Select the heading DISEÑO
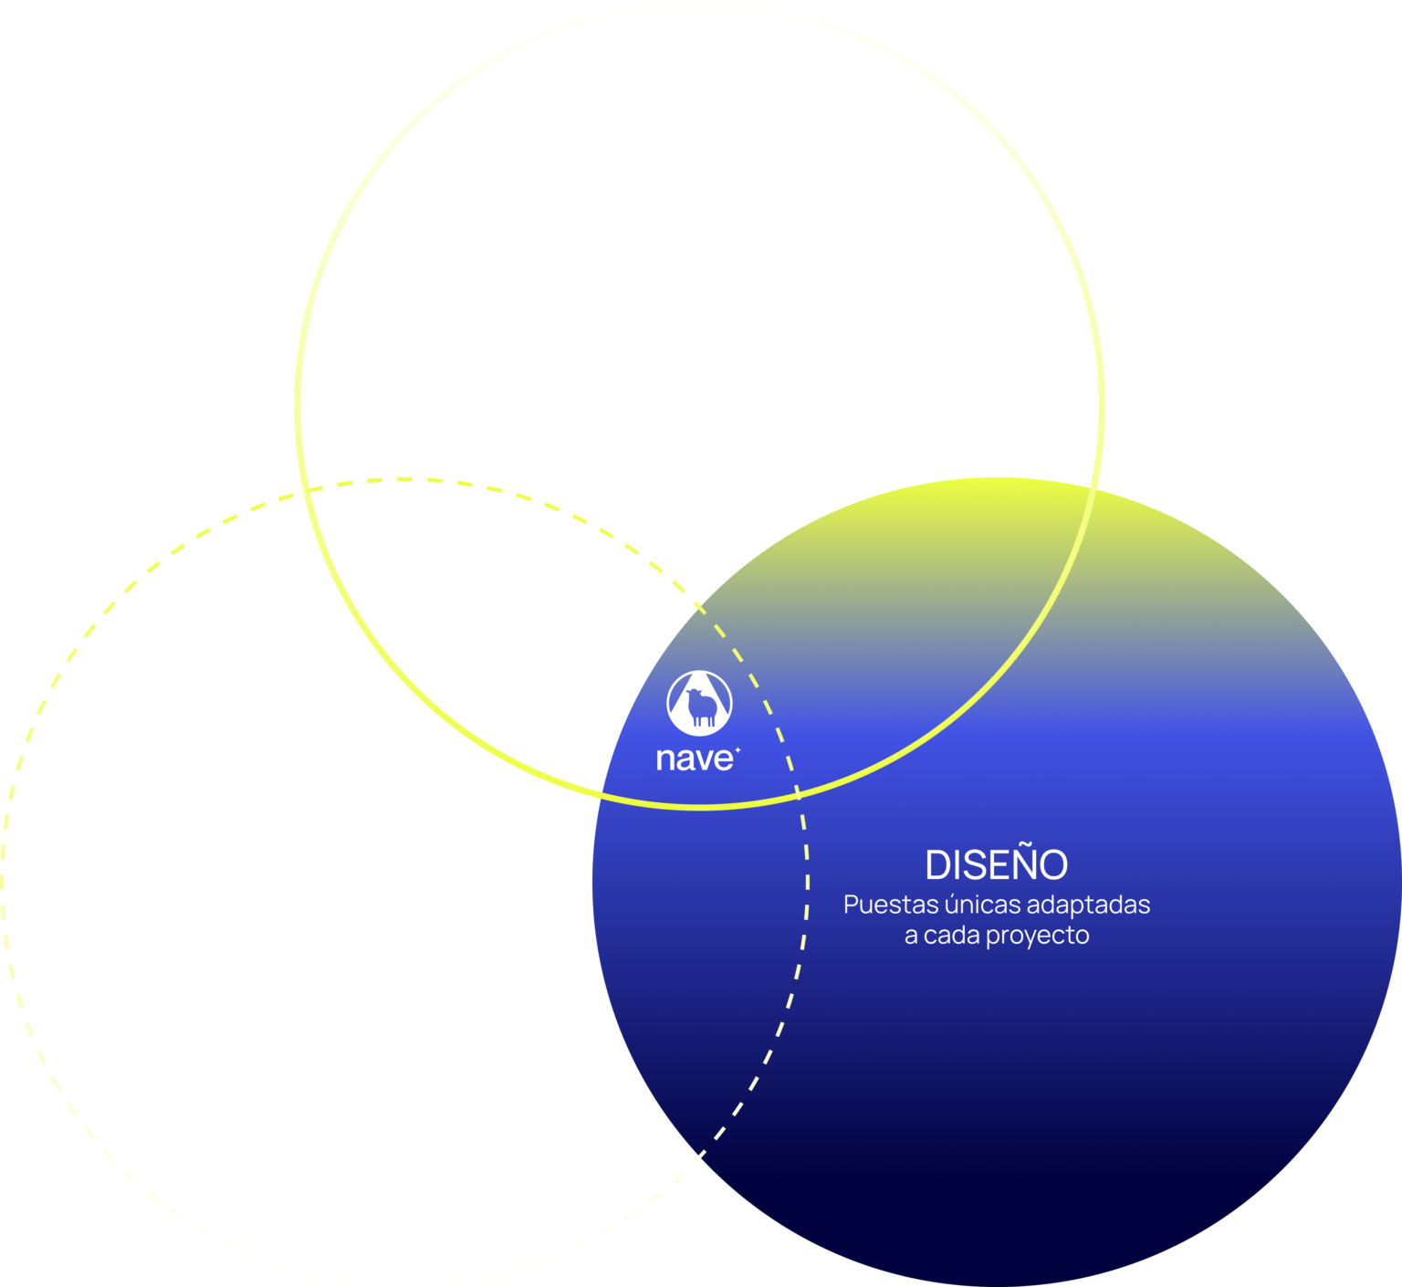coord(996,864)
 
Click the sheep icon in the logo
coord(700,706)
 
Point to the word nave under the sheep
coord(693,759)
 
